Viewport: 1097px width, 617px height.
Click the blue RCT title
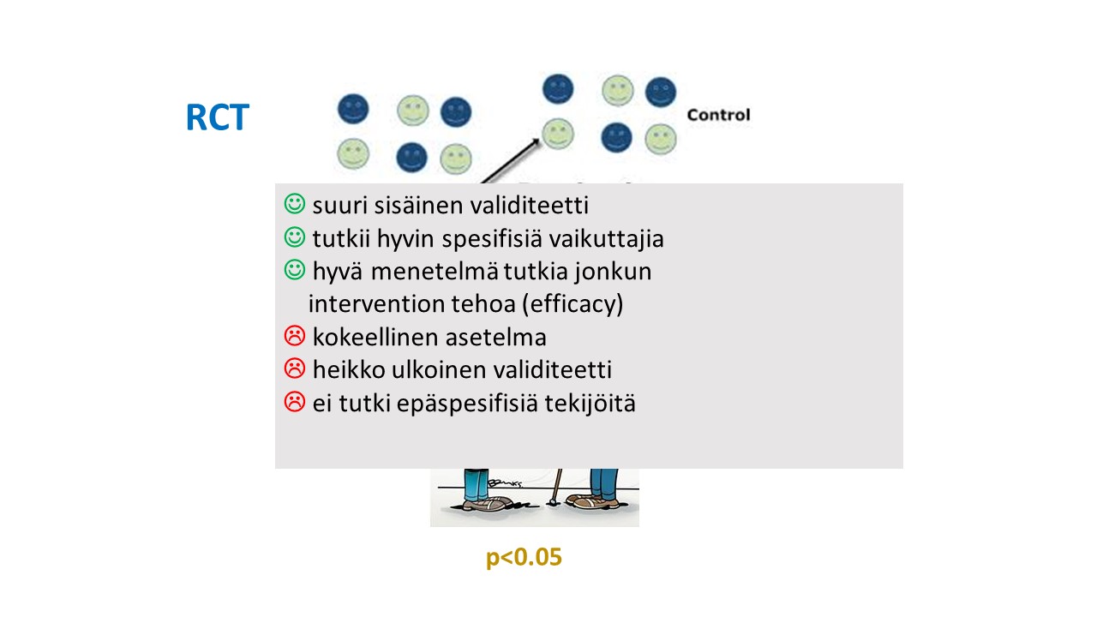[x=218, y=117]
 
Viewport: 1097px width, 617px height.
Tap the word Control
[x=718, y=115]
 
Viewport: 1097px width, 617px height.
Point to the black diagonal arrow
[x=510, y=162]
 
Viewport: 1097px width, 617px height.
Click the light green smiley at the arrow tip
[x=558, y=133]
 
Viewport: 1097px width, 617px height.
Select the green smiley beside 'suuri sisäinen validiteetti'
[x=295, y=204]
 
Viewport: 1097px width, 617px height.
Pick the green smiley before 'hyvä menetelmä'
[x=295, y=270]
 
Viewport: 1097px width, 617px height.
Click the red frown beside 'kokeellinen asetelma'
[x=295, y=336]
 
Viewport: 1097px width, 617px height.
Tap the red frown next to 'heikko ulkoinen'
[x=295, y=368]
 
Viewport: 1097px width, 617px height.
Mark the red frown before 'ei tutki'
[x=295, y=402]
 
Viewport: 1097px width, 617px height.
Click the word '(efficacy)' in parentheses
[x=573, y=304]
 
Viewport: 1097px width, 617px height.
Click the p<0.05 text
[x=524, y=557]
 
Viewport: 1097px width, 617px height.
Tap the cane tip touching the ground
[x=550, y=502]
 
